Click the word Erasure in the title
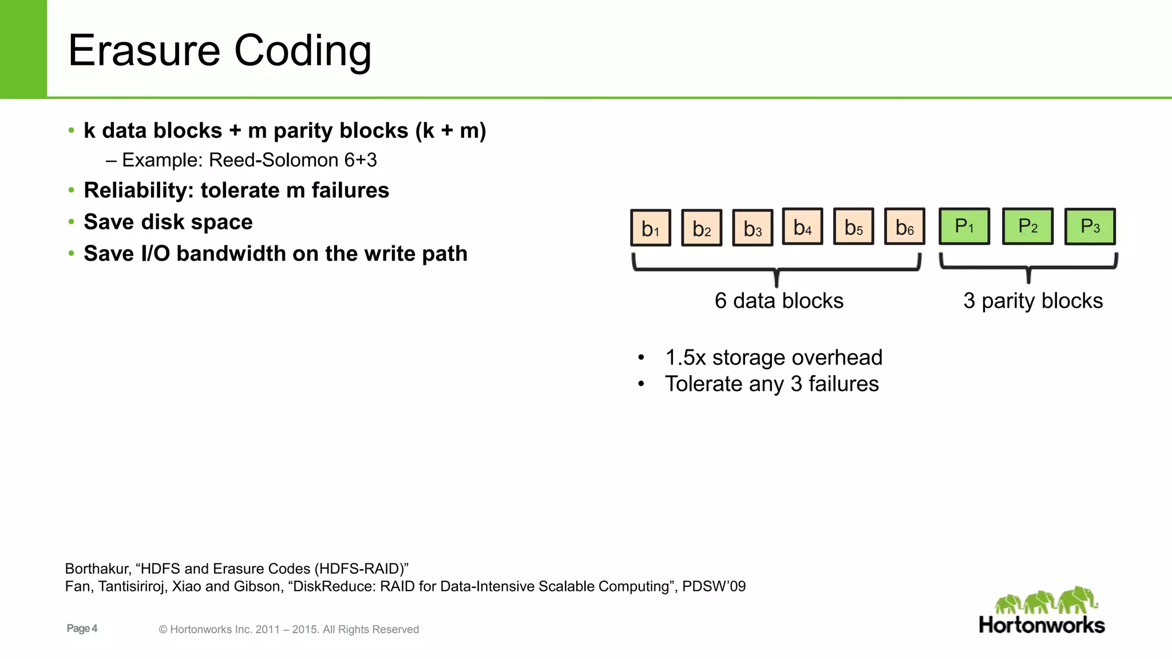coord(144,50)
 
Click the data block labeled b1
coord(651,228)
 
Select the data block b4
coord(802,227)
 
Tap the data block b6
coord(904,227)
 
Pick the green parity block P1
coord(964,226)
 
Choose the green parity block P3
coord(1090,226)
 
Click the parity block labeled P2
coord(1028,226)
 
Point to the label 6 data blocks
coord(779,301)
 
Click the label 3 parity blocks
coord(1033,301)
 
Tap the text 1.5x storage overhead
coord(773,358)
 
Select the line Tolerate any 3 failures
coord(771,384)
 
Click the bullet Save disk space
coord(168,222)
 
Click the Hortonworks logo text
coord(1042,625)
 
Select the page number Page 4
coord(82,628)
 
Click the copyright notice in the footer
coord(289,629)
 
